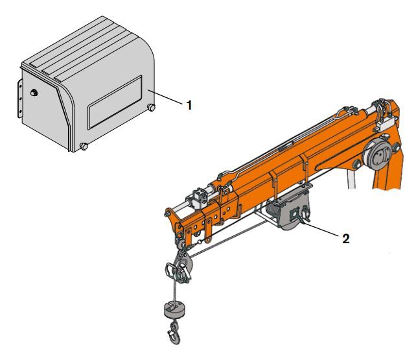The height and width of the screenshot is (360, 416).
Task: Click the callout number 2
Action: [x=347, y=238]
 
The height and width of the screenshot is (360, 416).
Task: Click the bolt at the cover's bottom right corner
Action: [x=151, y=107]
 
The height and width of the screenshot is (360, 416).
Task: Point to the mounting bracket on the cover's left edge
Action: [x=20, y=101]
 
